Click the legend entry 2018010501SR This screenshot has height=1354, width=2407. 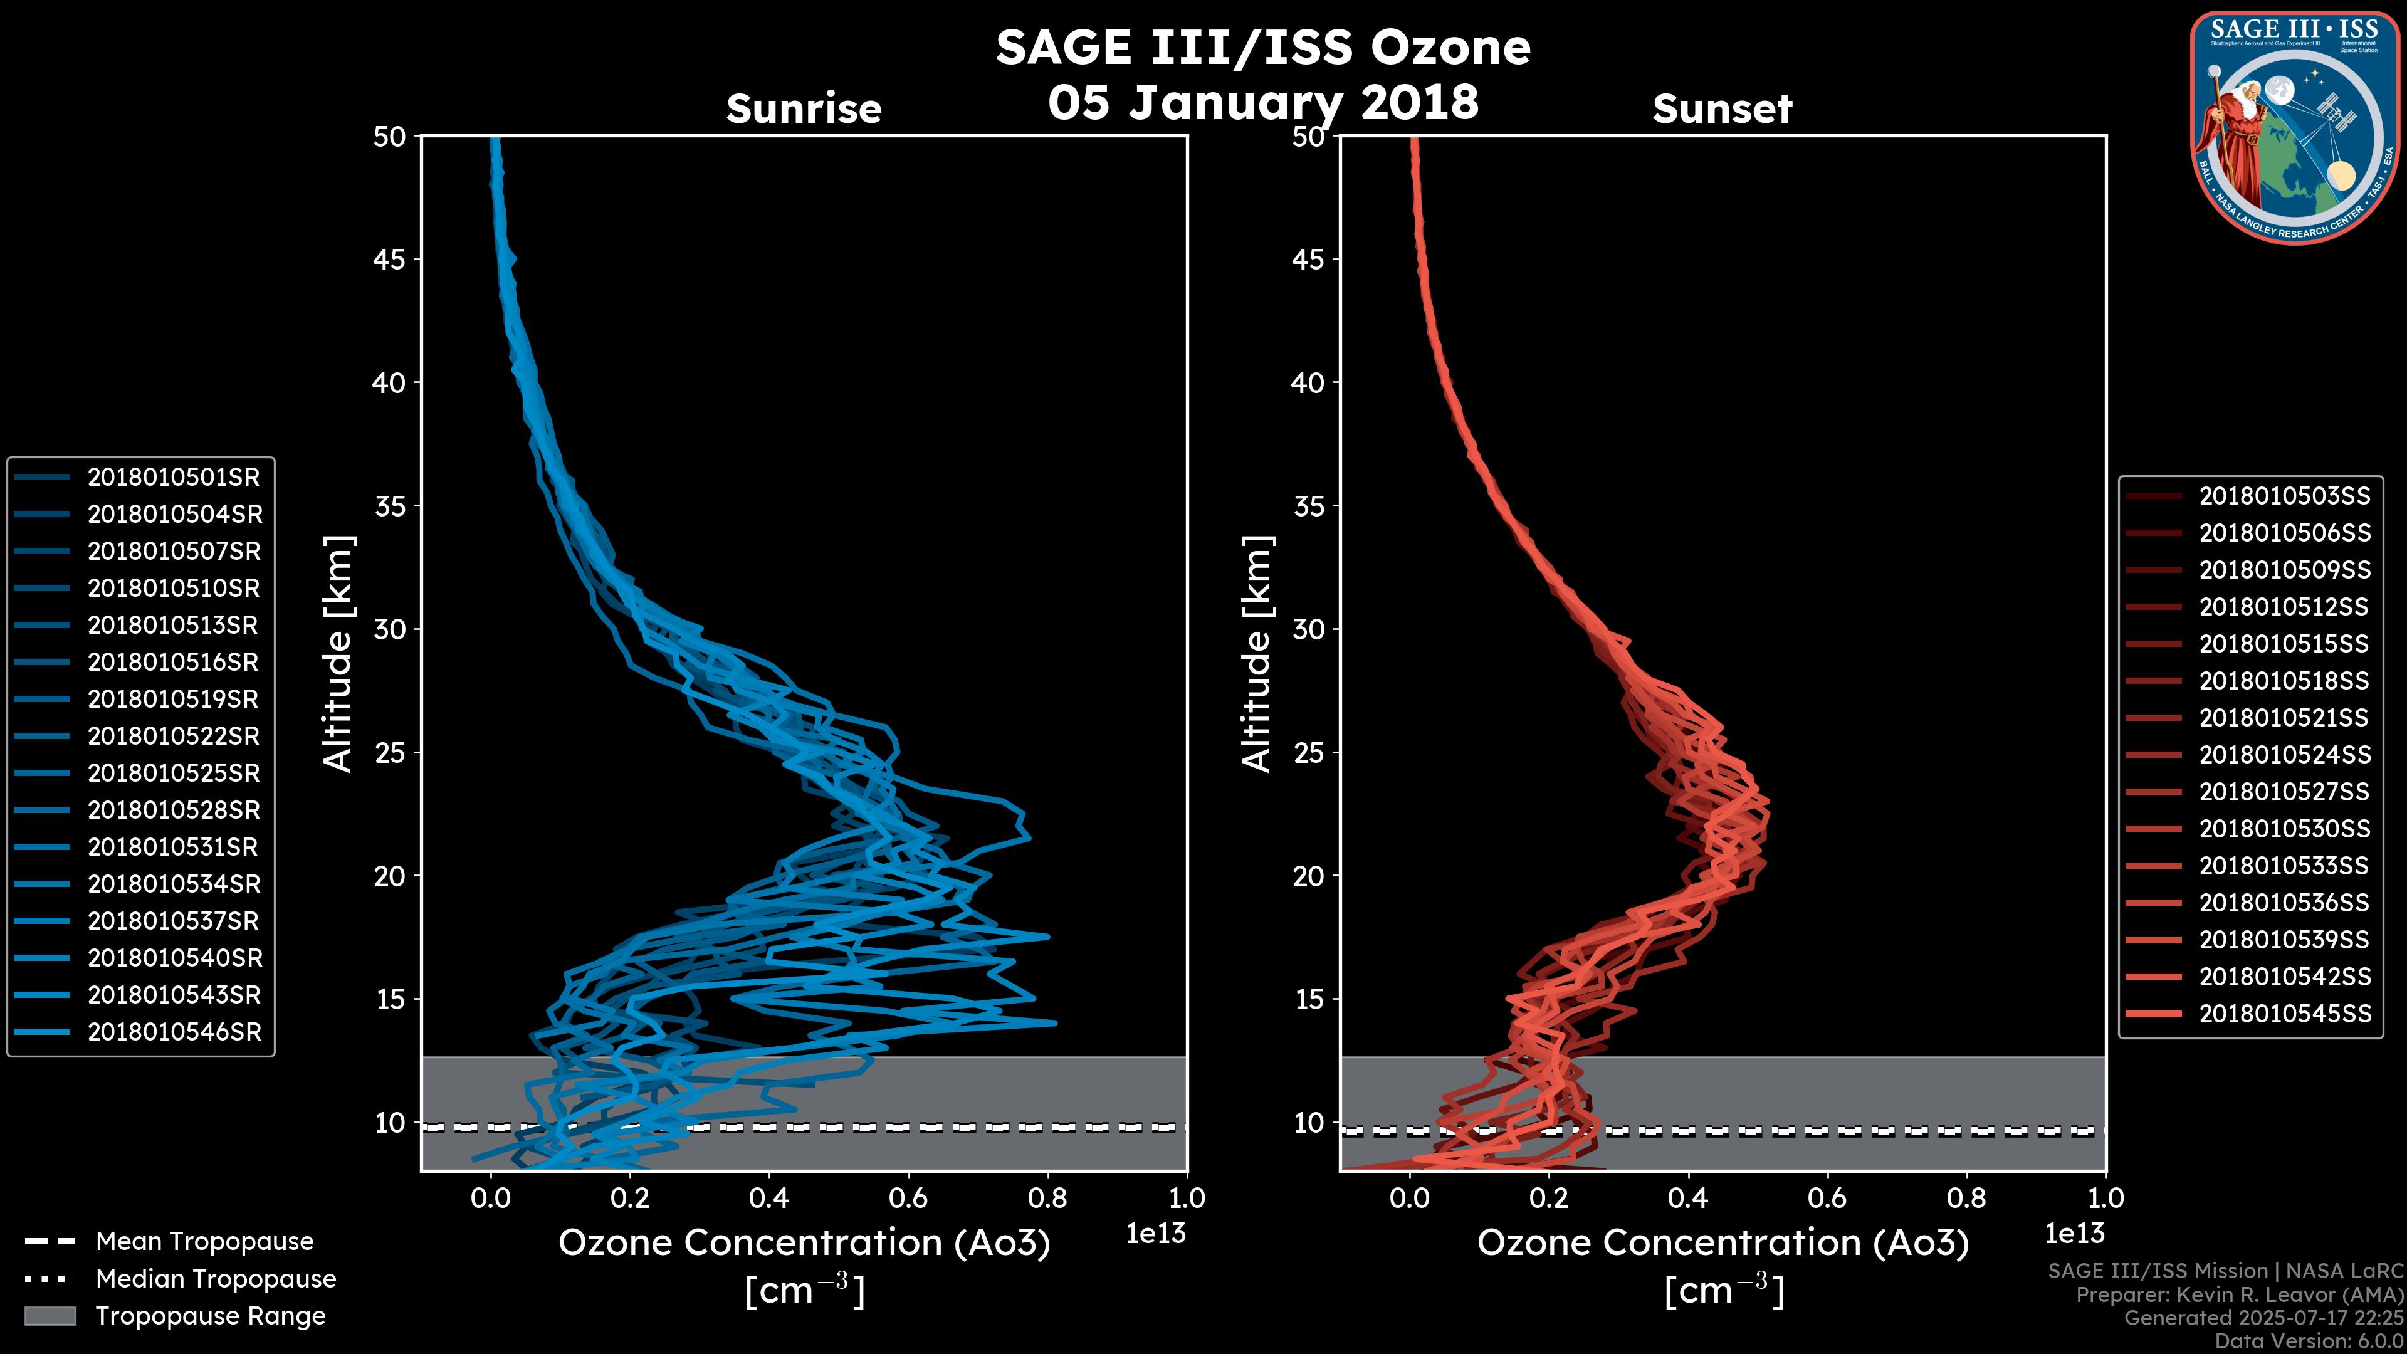173,478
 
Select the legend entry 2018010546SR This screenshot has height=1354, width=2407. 174,1032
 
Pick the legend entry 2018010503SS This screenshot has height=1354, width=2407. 2285,496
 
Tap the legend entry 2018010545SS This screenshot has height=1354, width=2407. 2285,1014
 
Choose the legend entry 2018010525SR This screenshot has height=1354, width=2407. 173,774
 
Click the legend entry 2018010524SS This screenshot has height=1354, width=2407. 2285,755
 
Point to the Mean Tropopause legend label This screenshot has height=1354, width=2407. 204,1242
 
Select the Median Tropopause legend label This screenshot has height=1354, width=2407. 216,1279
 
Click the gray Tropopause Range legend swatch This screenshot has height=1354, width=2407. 50,1316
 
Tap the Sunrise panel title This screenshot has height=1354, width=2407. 804,109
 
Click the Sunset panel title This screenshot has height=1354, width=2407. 1722,109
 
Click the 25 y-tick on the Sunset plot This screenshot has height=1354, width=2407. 1308,753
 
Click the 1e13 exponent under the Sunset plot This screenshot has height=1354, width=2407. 2074,1234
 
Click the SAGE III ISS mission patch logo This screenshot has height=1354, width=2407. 2296,128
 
